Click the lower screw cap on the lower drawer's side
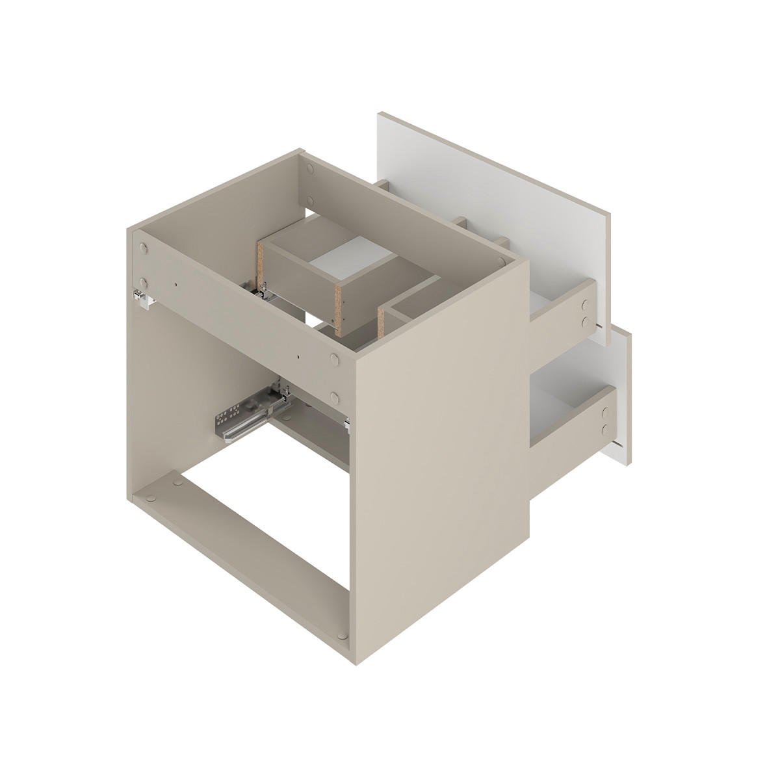605,428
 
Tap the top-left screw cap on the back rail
143,247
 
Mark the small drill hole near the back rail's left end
176,283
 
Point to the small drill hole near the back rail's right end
297,356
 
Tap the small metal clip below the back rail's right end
347,424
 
